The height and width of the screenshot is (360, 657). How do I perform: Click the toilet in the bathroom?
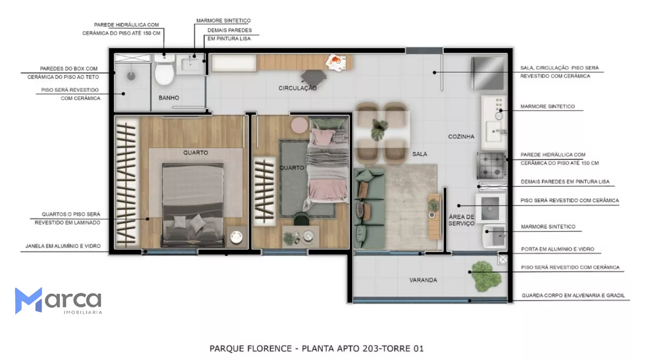coord(164,70)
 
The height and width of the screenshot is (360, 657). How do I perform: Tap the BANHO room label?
coord(169,98)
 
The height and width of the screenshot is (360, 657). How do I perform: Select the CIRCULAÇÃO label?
coord(297,88)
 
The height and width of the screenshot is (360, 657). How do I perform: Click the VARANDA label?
coord(423,280)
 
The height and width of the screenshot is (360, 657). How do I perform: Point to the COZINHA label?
coord(461,136)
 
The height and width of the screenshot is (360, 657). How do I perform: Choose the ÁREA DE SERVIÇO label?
coord(461,220)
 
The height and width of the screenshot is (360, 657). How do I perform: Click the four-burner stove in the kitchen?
coord(491,166)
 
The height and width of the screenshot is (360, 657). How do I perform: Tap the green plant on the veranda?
coord(485,276)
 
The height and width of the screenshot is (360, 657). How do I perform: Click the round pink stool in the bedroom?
coord(299,125)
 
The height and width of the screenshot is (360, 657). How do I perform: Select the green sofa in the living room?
coord(369,208)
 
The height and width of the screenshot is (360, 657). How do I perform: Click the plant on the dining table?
coord(379,129)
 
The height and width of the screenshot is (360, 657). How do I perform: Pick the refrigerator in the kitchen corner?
coord(488,73)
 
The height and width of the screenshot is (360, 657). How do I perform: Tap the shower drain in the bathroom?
coord(131,76)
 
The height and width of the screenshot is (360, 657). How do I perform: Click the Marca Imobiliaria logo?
coord(58,301)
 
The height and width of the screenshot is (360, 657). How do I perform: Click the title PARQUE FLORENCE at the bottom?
coord(251,348)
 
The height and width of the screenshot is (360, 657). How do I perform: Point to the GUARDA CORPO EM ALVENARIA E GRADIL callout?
coord(573,296)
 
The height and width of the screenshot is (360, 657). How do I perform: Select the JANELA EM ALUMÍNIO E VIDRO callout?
coord(63,246)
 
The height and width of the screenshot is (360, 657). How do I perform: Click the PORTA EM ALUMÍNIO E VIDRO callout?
coord(557,249)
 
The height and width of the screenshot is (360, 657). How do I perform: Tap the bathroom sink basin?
coord(190,64)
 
